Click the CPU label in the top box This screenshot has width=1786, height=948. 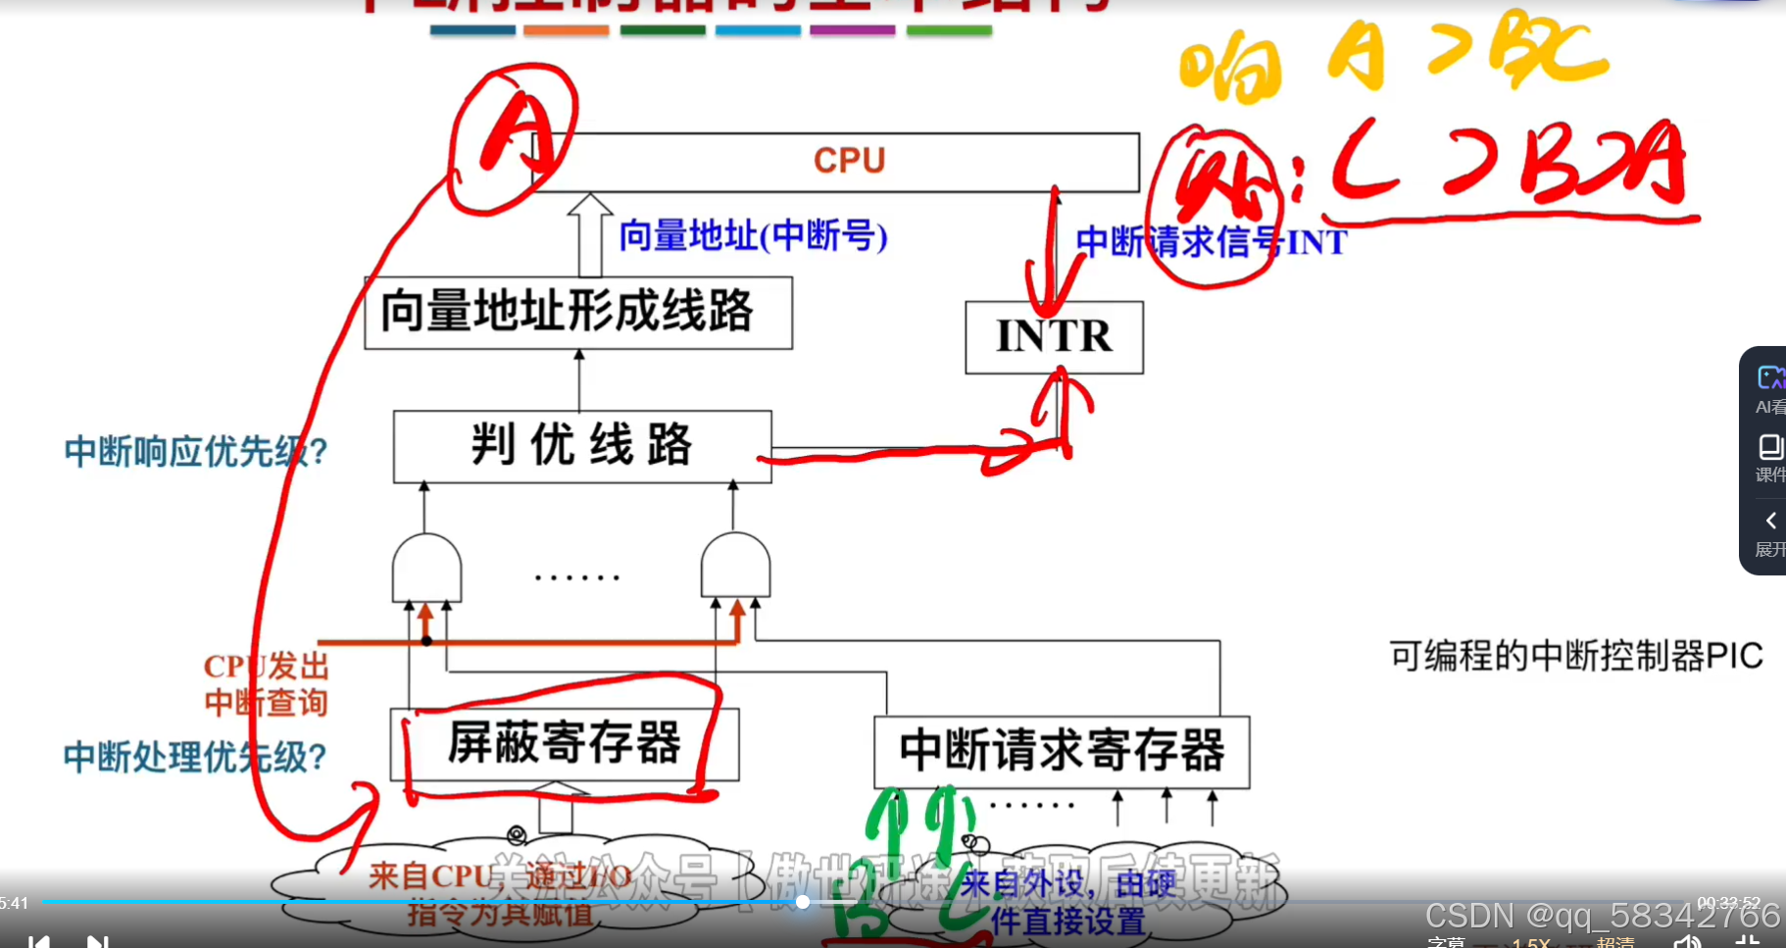tap(849, 161)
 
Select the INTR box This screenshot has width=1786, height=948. tap(1054, 336)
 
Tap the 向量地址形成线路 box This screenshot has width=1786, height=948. tap(577, 313)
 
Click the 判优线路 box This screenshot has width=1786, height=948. tap(582, 446)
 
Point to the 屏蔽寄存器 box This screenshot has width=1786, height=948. tap(565, 744)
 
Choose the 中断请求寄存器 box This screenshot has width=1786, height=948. tap(1062, 752)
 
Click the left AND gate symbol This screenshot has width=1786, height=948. tap(426, 567)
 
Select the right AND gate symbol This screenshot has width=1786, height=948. tap(735, 566)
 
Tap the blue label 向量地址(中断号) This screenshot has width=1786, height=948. tap(753, 236)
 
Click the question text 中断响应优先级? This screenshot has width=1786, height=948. tap(195, 452)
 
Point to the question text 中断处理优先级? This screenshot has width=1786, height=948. tap(194, 757)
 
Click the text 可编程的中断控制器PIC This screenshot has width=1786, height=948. tap(1575, 656)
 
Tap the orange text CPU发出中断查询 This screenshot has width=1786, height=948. tap(266, 684)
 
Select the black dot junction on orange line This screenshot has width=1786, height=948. tap(426, 641)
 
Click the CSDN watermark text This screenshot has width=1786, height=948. tap(1601, 916)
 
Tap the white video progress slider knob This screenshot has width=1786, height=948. tap(802, 902)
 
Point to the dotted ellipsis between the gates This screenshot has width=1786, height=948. tap(577, 577)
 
